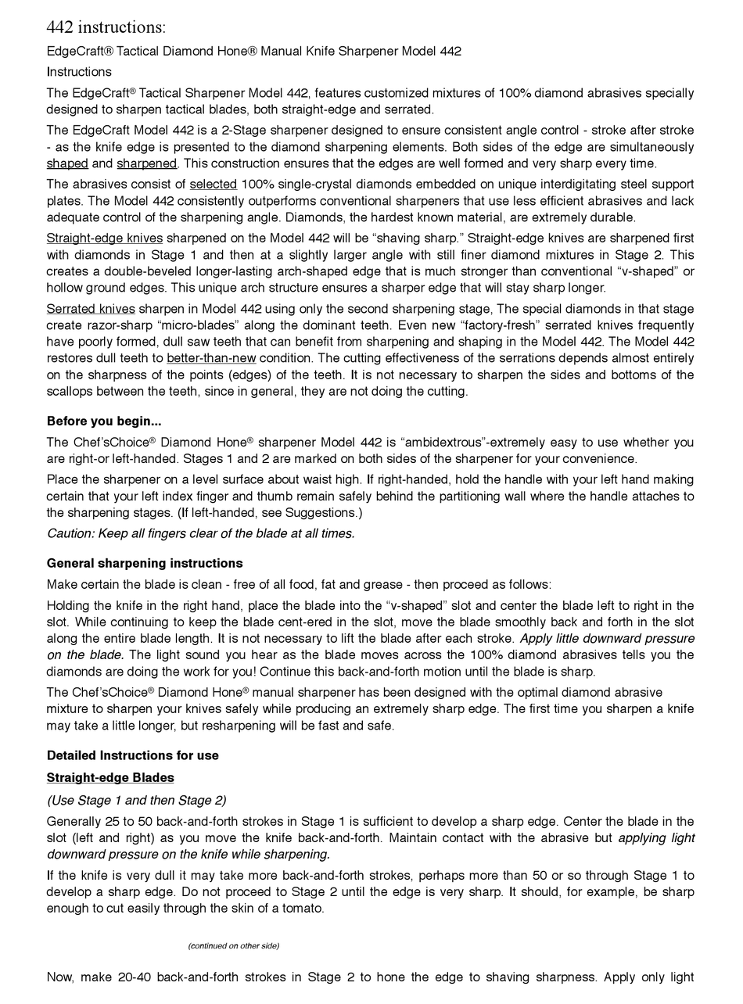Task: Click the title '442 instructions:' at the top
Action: (106, 27)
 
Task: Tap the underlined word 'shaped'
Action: (67, 163)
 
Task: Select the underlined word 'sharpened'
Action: (146, 163)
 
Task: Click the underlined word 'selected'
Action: (213, 185)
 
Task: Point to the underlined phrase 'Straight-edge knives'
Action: (105, 238)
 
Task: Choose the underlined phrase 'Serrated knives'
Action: (91, 309)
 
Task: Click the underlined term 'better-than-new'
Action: (211, 358)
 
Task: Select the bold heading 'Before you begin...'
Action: (104, 421)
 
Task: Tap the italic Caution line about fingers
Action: (200, 533)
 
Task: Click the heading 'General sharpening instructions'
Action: (145, 563)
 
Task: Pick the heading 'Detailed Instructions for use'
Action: (132, 755)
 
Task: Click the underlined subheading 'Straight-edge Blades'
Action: (110, 777)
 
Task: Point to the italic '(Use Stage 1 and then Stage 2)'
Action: (136, 800)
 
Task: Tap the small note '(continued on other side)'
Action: (233, 945)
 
